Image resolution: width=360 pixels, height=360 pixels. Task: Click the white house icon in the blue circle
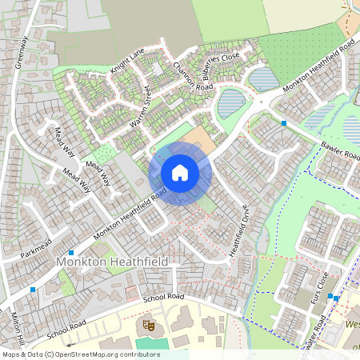tap(180, 173)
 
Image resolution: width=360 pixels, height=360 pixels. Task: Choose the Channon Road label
tap(193, 75)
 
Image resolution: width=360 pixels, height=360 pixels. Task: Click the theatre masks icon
tap(148, 325)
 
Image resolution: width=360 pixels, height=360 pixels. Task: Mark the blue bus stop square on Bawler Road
tap(284, 123)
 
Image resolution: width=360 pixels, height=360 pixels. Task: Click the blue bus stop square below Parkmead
tap(71, 252)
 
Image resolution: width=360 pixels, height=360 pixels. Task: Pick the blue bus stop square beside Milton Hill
tap(33, 289)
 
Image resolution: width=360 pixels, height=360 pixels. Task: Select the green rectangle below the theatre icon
tap(146, 343)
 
